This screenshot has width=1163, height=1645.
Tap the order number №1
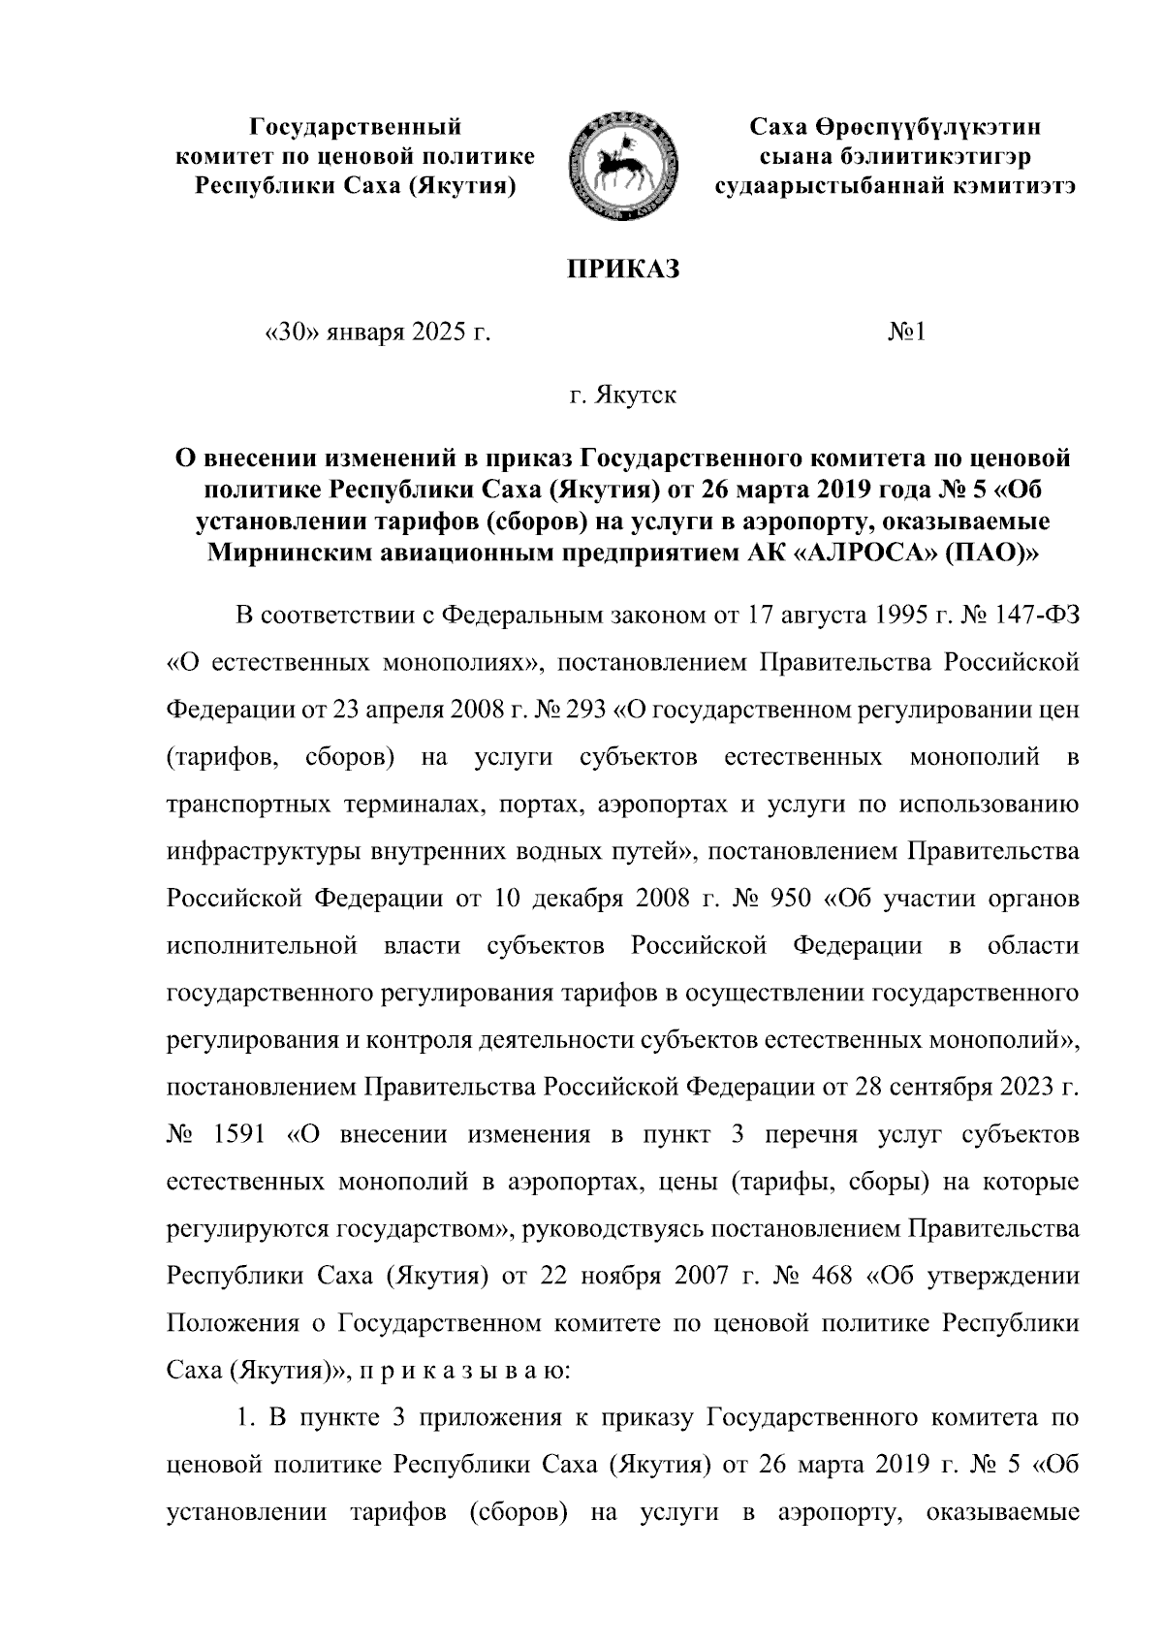(908, 334)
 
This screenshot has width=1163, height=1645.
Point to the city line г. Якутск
(623, 395)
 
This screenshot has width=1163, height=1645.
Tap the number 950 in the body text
(788, 896)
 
